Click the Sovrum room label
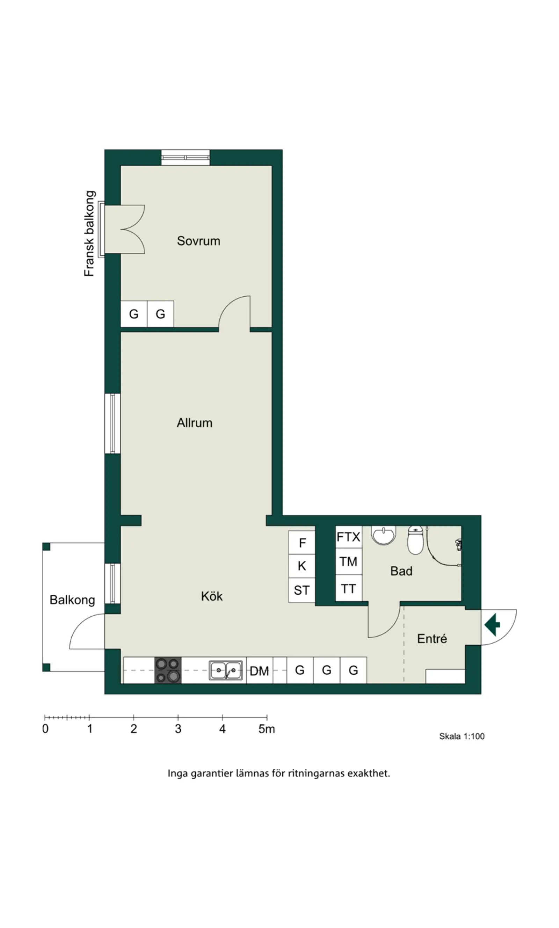pos(198,241)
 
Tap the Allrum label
pos(195,423)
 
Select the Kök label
pos(212,596)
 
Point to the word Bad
pos(401,571)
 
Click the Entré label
pos(432,638)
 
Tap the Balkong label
pos(72,600)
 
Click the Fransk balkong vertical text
pos(89,234)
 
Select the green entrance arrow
pos(492,624)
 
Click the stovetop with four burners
pos(168,670)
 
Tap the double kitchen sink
pos(226,670)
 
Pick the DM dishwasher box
pos(260,670)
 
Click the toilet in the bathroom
pos(415,540)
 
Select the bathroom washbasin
pos(384,535)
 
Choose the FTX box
pos(348,537)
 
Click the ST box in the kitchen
pos(302,590)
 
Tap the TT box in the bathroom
pos(348,588)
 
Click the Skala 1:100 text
pos(462,736)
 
